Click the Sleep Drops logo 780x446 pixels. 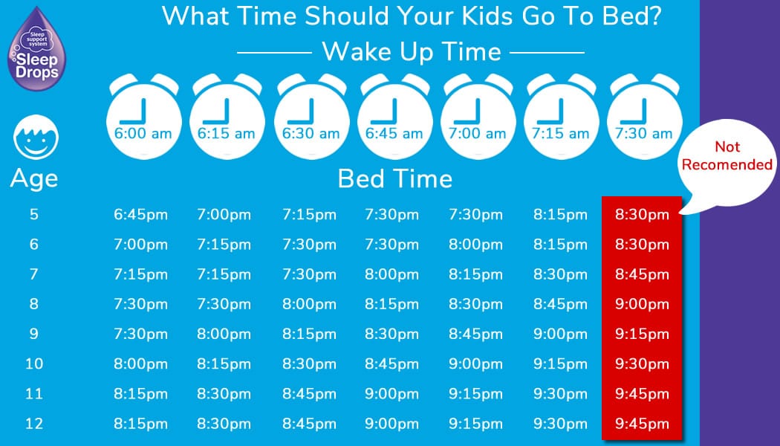36,49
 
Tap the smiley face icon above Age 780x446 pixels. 36,138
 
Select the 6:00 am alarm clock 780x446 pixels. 143,117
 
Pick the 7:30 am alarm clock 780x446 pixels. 644,117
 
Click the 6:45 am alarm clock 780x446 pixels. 394,117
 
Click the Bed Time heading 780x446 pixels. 395,178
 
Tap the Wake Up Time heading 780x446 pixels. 412,52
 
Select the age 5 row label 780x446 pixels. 34,215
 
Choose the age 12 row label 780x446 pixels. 34,424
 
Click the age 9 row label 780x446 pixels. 34,334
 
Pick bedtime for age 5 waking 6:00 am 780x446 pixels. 141,215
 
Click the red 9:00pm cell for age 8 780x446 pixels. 642,304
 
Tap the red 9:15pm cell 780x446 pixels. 642,334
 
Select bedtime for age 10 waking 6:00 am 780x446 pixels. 141,364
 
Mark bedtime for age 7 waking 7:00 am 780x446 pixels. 475,274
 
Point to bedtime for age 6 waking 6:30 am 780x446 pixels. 310,245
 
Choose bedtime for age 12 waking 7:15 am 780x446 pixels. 560,424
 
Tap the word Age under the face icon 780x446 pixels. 34,179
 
